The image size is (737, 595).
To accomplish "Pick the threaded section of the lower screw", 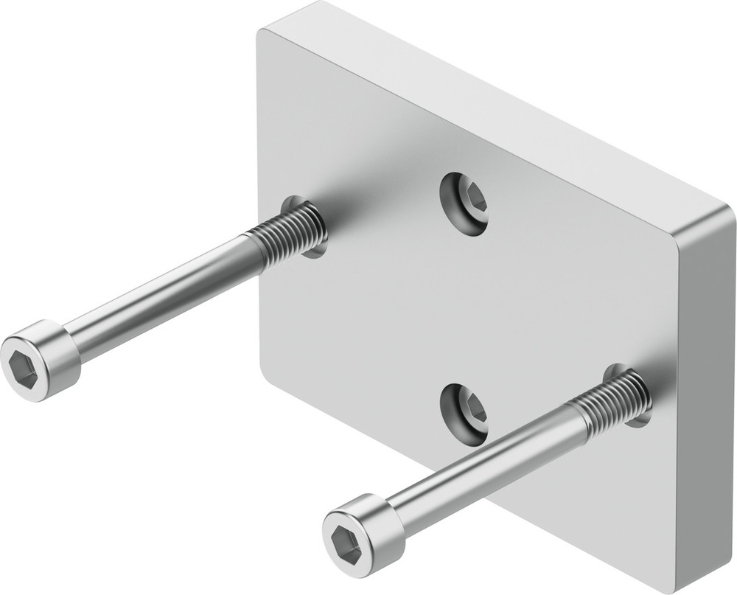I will (x=612, y=402).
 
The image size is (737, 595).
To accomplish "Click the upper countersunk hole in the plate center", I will (x=464, y=203).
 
